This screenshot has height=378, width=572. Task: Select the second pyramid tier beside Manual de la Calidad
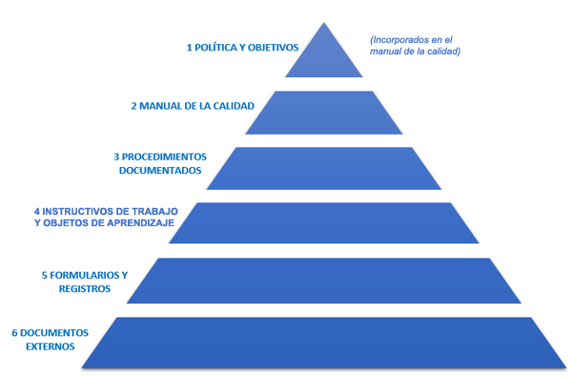point(324,113)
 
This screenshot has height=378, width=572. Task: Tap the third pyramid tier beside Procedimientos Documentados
point(324,168)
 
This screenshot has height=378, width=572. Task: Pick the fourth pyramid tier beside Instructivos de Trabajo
point(324,222)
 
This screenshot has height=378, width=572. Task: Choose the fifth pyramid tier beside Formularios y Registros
point(324,281)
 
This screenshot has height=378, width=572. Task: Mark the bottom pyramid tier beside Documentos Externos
point(324,343)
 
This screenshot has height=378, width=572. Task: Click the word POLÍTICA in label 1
point(215,48)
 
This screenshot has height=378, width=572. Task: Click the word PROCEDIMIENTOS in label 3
point(164,157)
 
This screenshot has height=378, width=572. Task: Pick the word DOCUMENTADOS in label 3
point(160,171)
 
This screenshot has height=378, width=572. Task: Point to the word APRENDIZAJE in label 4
point(140,222)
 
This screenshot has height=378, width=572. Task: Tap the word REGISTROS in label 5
point(85,289)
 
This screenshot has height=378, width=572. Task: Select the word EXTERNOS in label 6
point(51,346)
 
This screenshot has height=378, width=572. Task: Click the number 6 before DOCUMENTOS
point(15,333)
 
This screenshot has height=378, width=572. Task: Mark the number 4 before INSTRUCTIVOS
point(37,212)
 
